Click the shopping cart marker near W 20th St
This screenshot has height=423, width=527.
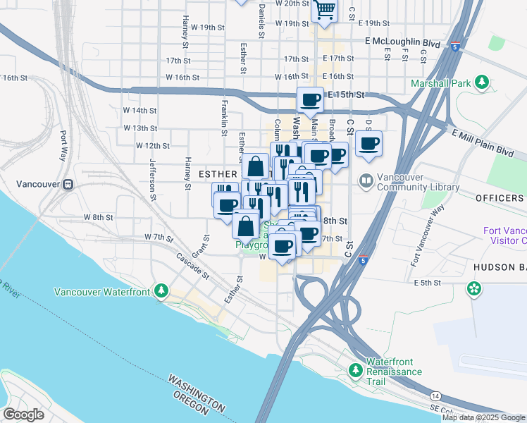tap(323, 10)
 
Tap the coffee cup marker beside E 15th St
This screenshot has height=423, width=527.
tap(310, 100)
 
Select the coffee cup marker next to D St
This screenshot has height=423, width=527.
tap(368, 145)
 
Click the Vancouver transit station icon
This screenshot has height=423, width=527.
tap(68, 184)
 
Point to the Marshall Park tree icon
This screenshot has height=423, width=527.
tap(482, 83)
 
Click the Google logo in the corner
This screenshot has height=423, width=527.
tap(24, 414)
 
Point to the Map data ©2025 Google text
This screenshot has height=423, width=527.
tap(483, 417)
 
